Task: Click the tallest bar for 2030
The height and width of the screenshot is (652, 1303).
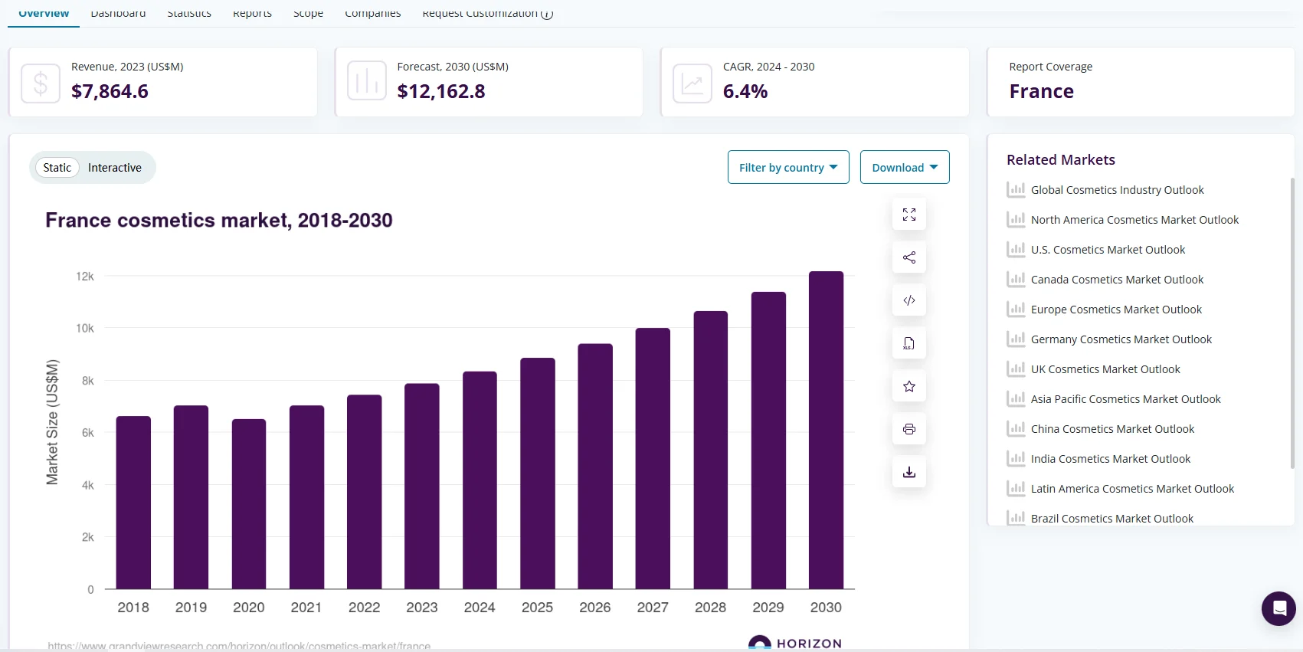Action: click(826, 430)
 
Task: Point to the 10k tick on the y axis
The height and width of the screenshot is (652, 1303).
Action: click(85, 328)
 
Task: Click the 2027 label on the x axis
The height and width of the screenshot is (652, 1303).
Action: click(653, 607)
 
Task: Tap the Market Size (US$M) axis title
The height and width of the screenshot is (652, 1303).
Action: click(52, 422)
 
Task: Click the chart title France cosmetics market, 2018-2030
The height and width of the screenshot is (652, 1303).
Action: click(219, 221)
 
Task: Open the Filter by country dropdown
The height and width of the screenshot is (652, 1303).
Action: click(788, 167)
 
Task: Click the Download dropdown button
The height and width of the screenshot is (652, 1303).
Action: click(905, 167)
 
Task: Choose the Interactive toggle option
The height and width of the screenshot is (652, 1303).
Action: click(115, 167)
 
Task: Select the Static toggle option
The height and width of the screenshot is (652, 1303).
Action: click(57, 167)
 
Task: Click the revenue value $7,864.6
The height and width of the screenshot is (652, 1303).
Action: click(110, 91)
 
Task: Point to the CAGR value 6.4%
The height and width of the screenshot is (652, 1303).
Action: click(745, 91)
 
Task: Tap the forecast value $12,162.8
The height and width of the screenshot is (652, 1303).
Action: click(441, 91)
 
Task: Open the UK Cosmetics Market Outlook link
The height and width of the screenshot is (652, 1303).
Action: click(1105, 369)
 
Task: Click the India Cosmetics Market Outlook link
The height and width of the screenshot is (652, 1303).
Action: click(1111, 459)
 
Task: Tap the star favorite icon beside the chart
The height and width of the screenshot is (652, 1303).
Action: click(909, 386)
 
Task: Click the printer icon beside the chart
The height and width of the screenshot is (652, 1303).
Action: click(909, 429)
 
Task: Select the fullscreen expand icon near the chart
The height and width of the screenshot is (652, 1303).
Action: click(909, 215)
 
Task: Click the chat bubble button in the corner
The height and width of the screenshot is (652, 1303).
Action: click(1278, 608)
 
